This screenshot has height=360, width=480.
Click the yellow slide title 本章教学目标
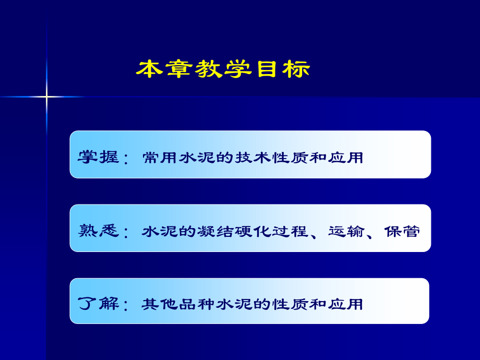click(223, 69)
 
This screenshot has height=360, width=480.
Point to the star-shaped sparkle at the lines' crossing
click(46, 97)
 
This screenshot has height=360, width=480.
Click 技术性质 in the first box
click(271, 158)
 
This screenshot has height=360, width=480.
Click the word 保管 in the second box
click(402, 231)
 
